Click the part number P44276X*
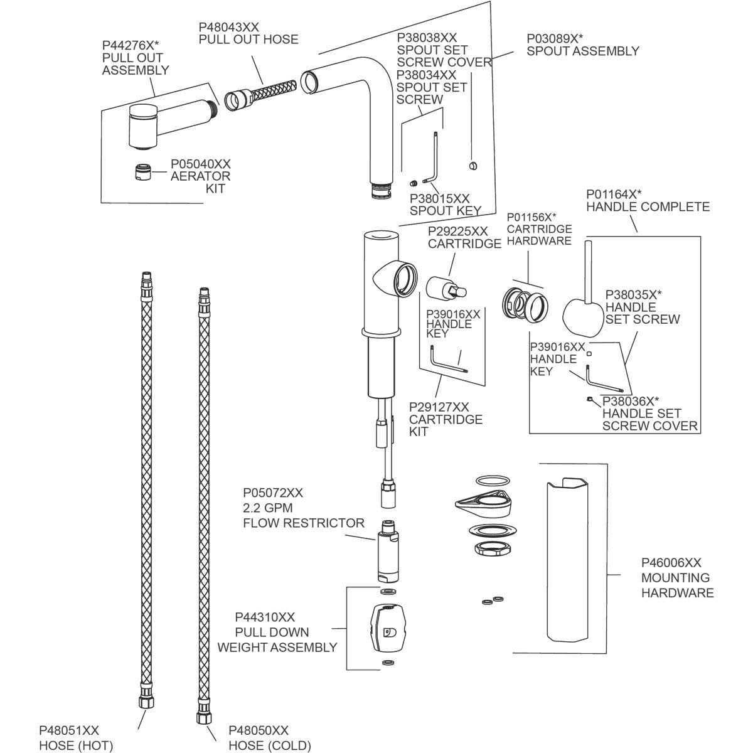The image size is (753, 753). click(131, 45)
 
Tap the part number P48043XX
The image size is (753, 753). click(228, 27)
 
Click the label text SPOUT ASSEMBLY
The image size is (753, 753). click(583, 51)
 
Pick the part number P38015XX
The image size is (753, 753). click(439, 198)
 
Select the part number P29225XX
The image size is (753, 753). click(458, 232)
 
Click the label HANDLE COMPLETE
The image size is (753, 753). click(648, 206)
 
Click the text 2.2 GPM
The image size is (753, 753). click(268, 508)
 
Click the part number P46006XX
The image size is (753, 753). click(671, 563)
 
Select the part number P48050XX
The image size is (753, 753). click(259, 730)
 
